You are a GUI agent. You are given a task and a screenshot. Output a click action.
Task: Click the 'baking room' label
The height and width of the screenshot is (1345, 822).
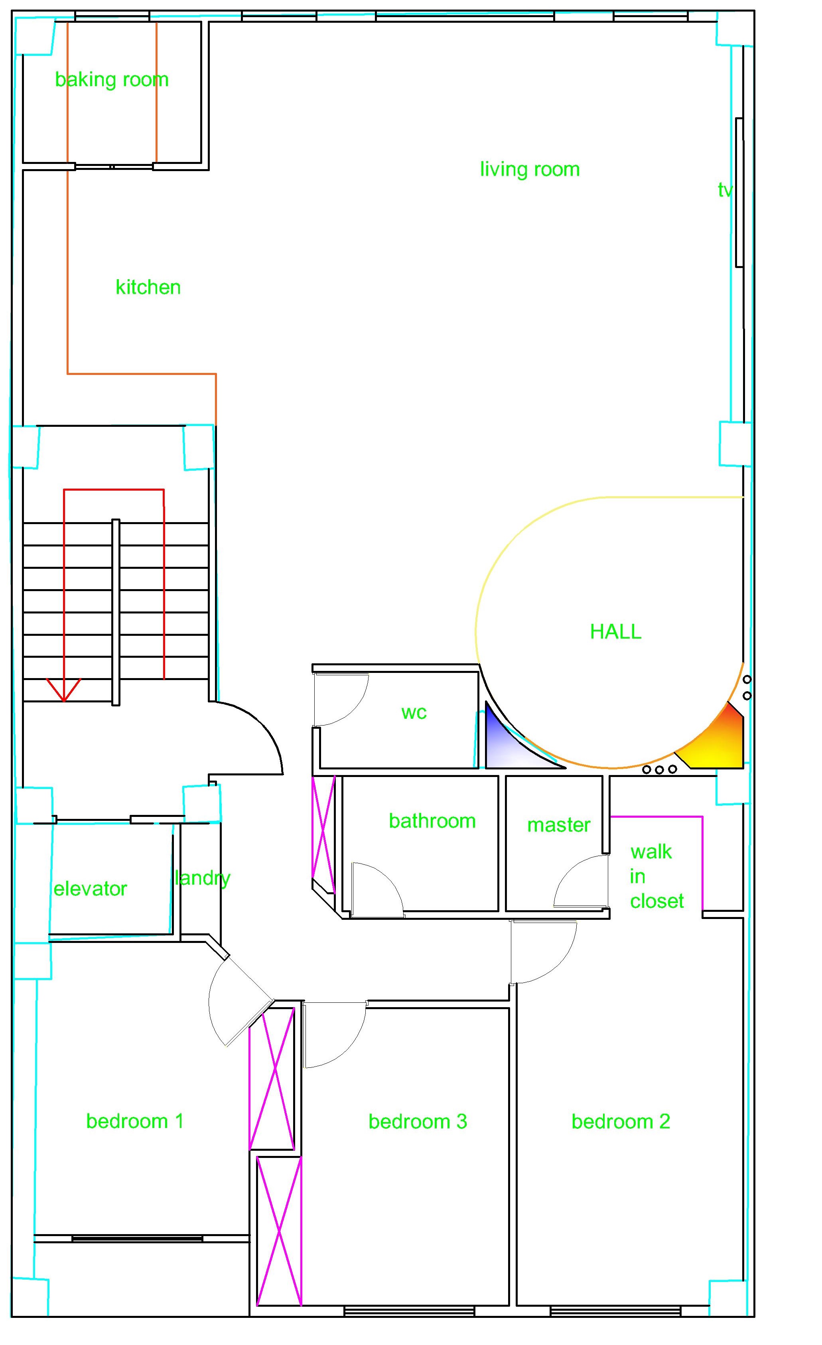click(112, 80)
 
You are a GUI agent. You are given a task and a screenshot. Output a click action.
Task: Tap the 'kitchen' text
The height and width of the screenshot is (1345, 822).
click(148, 287)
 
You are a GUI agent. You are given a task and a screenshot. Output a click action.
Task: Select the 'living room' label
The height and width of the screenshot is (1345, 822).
click(529, 169)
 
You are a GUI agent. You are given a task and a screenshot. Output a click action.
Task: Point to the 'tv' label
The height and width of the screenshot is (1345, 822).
click(725, 190)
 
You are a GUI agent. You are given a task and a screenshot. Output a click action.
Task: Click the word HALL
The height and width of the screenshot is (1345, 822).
click(616, 631)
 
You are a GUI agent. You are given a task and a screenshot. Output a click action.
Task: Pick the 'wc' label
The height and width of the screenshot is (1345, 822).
click(414, 712)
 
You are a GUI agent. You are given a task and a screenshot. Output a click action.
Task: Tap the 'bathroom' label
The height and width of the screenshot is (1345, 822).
click(432, 821)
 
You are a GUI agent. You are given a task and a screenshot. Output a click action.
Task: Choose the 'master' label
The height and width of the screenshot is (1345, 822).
click(558, 825)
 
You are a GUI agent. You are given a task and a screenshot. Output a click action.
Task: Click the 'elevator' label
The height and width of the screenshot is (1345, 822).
click(90, 889)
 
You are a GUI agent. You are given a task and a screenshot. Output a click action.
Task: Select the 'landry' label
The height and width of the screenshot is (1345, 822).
click(203, 878)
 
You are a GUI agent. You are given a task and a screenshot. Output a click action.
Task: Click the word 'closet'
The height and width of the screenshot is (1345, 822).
click(656, 901)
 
